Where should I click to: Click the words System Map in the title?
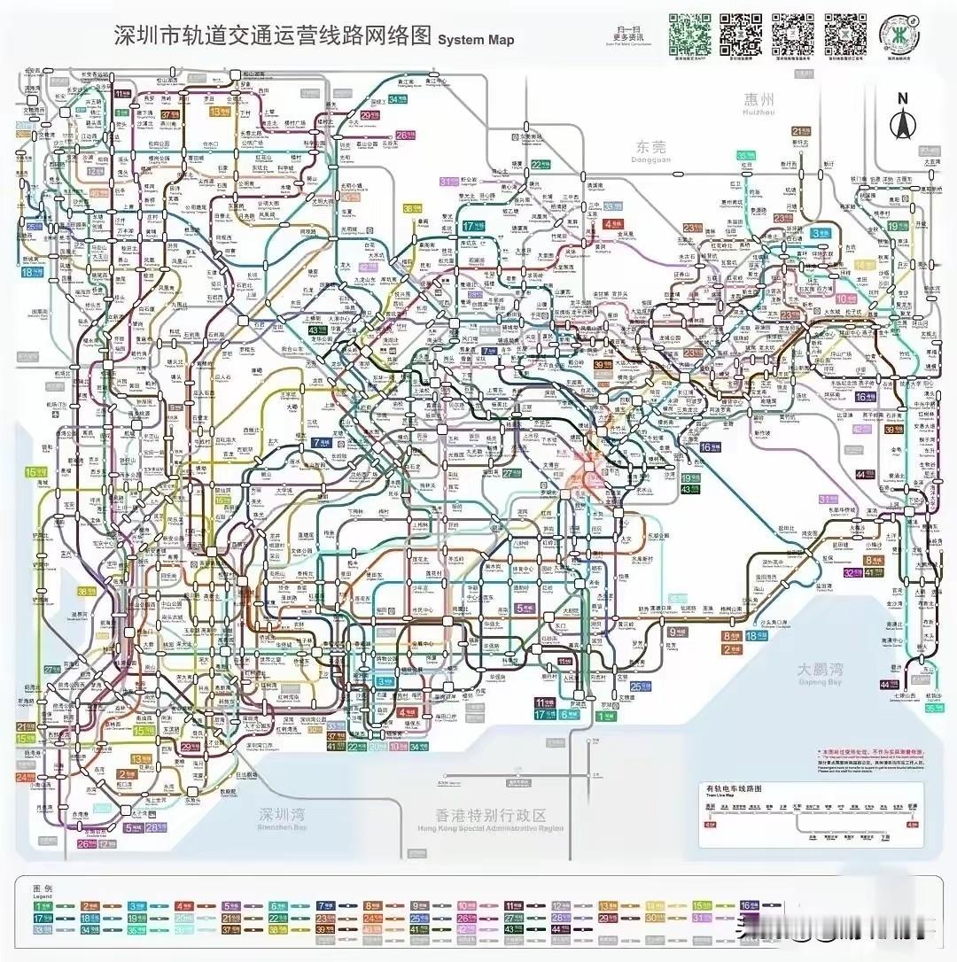[476, 40]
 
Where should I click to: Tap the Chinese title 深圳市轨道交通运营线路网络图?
[273, 35]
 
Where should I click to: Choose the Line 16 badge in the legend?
[751, 905]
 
